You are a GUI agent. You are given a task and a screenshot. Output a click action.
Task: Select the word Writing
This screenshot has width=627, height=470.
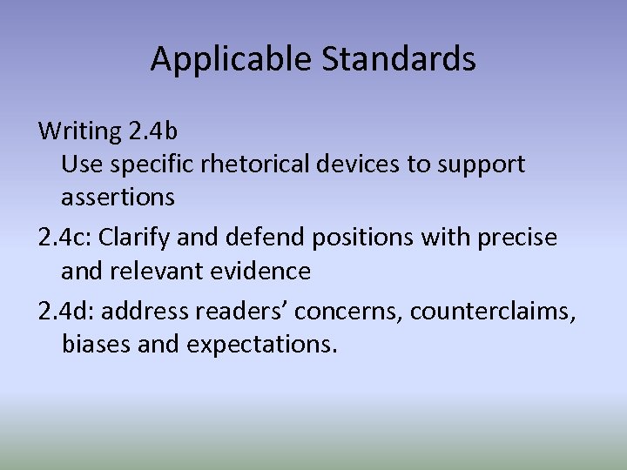pos(80,132)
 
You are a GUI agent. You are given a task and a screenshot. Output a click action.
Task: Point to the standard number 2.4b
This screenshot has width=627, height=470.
pos(153,132)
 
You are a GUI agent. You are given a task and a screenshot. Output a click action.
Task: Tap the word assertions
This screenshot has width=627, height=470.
pos(118,198)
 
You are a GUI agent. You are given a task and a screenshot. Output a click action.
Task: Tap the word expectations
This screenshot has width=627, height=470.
pos(260,344)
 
